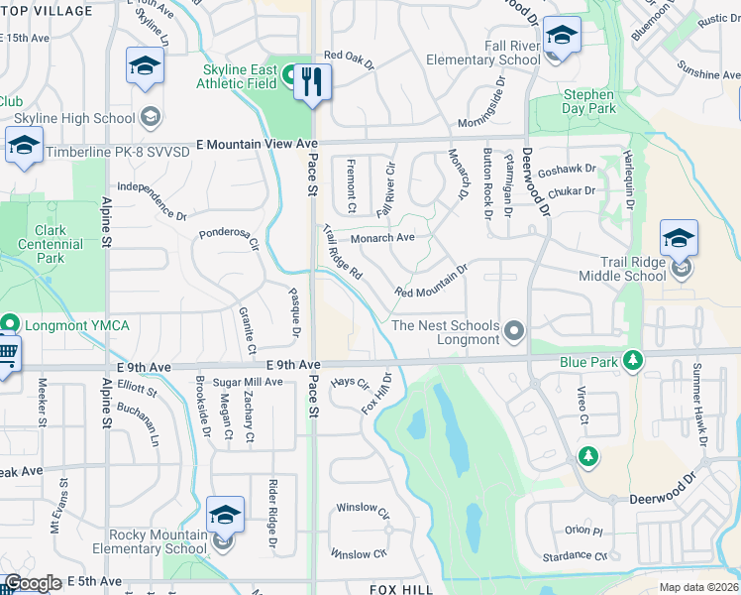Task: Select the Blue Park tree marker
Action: point(630,361)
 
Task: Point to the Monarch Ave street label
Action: point(383,238)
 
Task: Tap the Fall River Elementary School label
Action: point(483,53)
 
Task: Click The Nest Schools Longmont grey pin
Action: point(514,329)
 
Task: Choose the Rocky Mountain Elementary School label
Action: point(159,541)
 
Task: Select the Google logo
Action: point(32,584)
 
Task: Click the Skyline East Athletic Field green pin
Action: point(291,73)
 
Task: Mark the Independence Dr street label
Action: point(153,200)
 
